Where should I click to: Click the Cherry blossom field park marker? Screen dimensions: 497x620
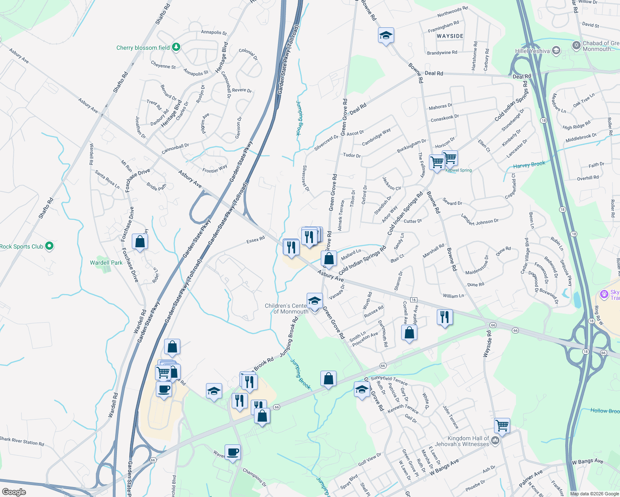[x=176, y=47]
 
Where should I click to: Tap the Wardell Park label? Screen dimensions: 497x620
[x=106, y=263]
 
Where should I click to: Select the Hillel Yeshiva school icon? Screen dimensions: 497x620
[x=556, y=51]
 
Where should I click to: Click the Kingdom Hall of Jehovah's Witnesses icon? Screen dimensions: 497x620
[x=495, y=442]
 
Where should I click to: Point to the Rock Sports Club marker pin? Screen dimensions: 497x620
[x=49, y=246]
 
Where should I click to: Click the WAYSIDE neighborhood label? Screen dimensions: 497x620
[x=450, y=36]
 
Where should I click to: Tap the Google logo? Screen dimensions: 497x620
[x=14, y=492]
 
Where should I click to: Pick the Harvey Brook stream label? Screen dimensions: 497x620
[x=529, y=165]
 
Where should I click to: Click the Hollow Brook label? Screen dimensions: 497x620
[x=605, y=411]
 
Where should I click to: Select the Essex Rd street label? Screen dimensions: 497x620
[x=255, y=240]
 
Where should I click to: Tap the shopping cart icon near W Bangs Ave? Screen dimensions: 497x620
[x=502, y=425]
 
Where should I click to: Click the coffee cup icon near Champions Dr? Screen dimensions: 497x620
[x=232, y=452]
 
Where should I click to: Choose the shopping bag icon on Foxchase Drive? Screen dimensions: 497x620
[x=140, y=241]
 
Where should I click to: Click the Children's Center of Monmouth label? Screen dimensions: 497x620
[x=286, y=309]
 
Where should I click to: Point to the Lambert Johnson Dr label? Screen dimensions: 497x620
[x=480, y=220]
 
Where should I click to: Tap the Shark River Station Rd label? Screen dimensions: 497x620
[x=22, y=442]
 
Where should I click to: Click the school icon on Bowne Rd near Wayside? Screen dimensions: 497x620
[x=386, y=36]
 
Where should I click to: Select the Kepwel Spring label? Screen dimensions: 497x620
[x=458, y=170]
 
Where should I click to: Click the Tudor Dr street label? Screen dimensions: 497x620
[x=352, y=155]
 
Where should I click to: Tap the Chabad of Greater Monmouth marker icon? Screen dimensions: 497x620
[x=576, y=45]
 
